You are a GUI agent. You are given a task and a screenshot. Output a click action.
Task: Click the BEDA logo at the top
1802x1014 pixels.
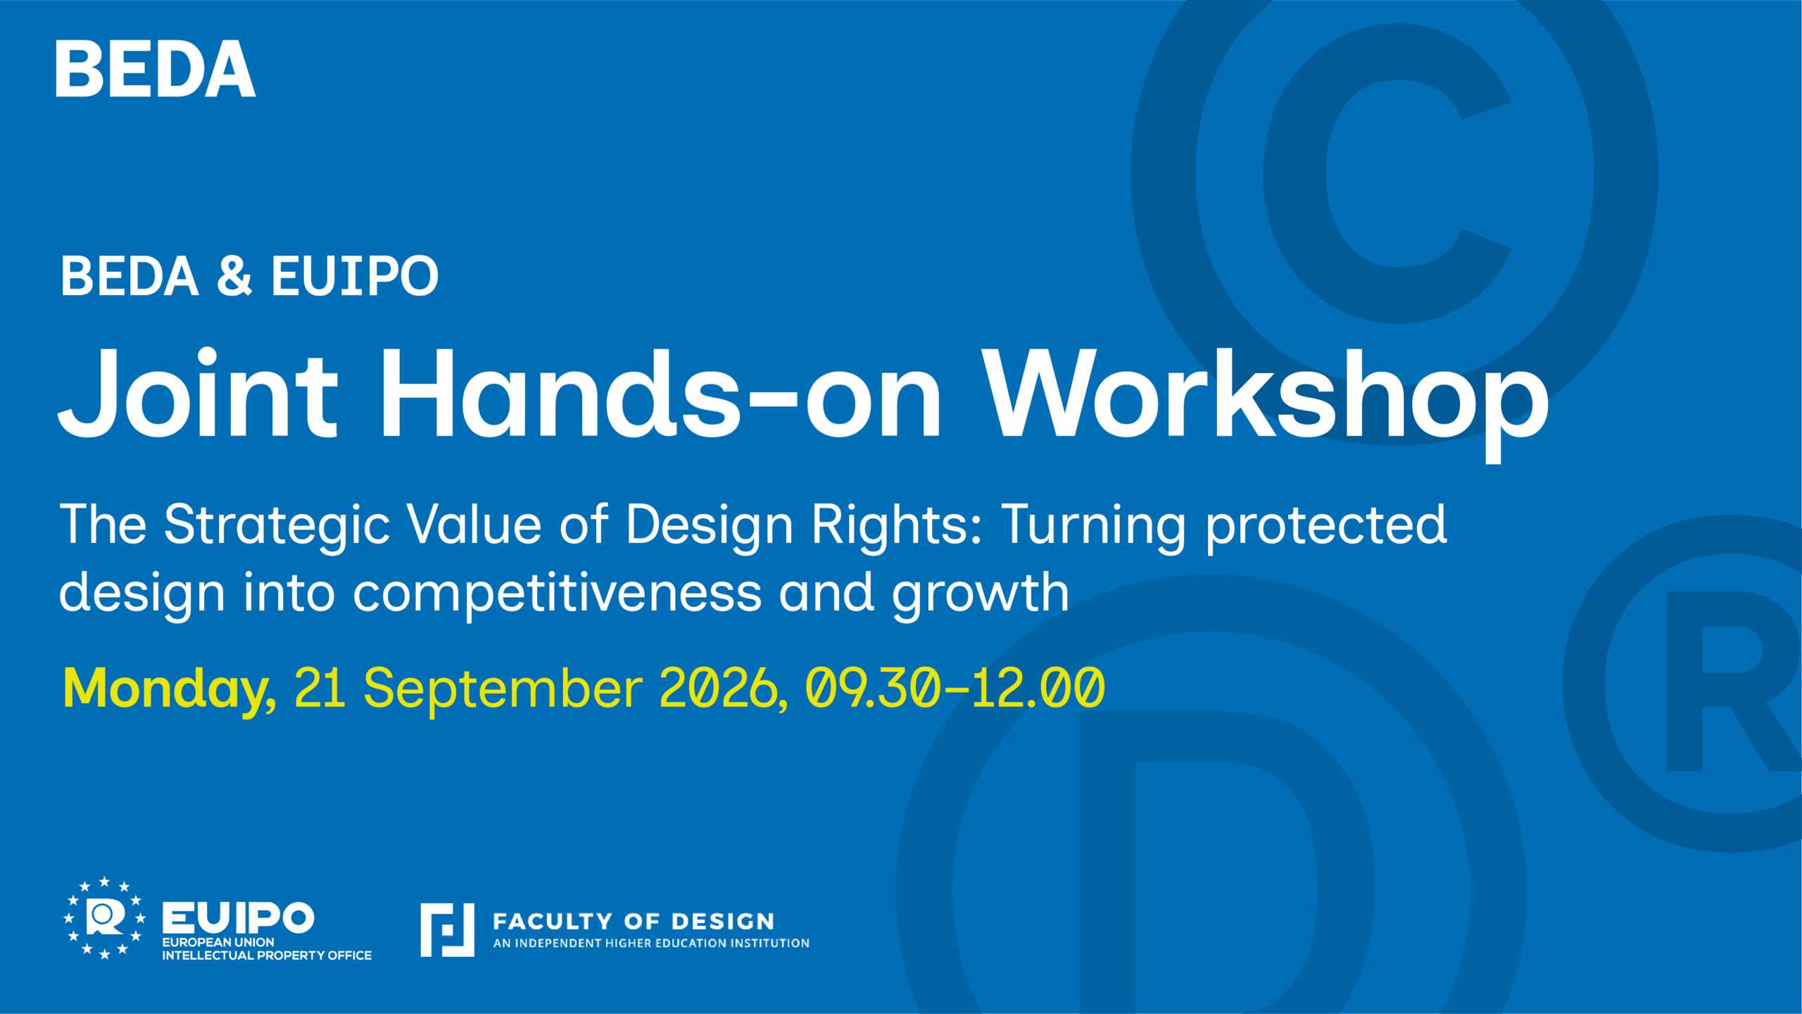155,69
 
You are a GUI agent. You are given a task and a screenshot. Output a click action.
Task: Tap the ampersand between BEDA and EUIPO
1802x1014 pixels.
234,275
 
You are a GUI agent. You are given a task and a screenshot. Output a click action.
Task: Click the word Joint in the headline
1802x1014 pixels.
198,393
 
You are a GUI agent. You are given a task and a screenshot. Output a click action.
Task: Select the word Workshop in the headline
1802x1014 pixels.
1266,403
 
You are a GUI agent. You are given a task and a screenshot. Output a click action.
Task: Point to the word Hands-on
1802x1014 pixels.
661,393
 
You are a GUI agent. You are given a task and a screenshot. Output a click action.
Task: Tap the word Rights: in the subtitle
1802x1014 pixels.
896,525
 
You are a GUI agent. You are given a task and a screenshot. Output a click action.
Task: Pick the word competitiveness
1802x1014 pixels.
557,594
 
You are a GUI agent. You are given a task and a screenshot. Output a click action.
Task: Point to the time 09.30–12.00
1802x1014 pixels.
955,688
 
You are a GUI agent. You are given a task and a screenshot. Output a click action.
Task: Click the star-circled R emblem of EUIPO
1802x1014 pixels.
105,918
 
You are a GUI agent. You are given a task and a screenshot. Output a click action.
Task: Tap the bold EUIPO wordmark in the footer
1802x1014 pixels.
239,918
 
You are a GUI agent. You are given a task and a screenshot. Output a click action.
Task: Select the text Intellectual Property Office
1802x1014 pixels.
267,956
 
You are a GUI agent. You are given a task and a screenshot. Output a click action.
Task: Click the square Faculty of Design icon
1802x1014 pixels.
448,930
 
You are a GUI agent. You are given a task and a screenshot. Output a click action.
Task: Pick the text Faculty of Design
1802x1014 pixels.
634,921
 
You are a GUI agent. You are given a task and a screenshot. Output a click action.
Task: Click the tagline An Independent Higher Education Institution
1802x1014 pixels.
651,943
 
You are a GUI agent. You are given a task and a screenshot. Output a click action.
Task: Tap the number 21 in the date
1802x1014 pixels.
320,688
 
